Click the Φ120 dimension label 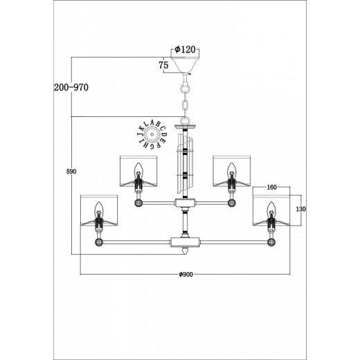click(185, 49)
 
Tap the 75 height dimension click(163, 65)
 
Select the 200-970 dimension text click(71, 87)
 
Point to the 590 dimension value click(71, 172)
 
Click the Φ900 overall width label click(186, 274)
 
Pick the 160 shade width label click(271, 188)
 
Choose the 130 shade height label click(301, 209)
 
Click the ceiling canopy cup click(185, 64)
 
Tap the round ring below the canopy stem click(185, 89)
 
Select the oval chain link click(185, 106)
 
